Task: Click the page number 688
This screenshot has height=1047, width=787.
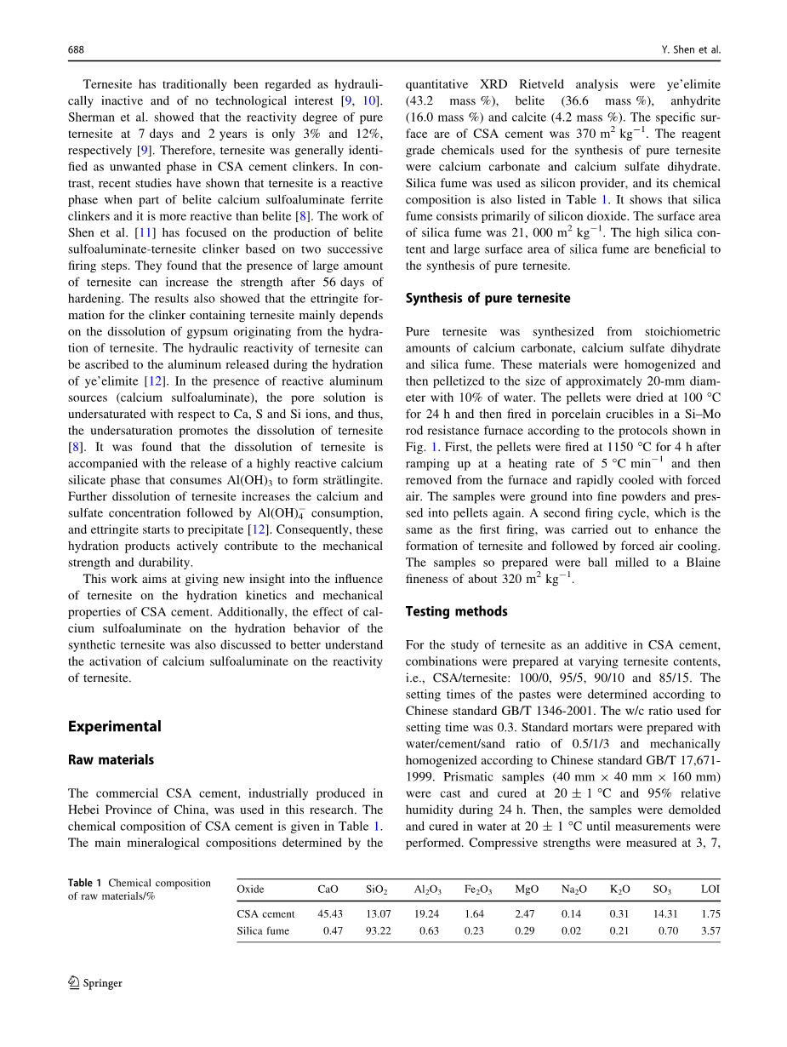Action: (x=76, y=50)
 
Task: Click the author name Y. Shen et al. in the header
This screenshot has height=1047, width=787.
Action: (x=691, y=50)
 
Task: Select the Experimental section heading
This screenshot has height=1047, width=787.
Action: (x=114, y=726)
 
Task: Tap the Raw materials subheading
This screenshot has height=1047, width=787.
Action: (x=111, y=759)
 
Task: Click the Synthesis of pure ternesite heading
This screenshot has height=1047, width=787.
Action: (x=488, y=298)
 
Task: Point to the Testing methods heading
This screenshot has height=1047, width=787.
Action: (x=456, y=611)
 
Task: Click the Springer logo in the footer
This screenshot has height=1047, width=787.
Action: (x=95, y=983)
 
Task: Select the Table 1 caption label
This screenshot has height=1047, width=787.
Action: (x=85, y=883)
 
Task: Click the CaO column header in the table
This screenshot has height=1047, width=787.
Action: (x=328, y=890)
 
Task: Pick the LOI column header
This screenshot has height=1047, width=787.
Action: (x=710, y=890)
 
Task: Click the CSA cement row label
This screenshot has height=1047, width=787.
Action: (x=265, y=914)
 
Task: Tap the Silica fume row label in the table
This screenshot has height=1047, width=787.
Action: (x=263, y=931)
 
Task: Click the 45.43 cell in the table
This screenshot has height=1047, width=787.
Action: (x=329, y=914)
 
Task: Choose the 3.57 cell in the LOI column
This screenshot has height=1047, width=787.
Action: (x=710, y=931)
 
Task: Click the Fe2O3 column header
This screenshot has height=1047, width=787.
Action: (x=477, y=890)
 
